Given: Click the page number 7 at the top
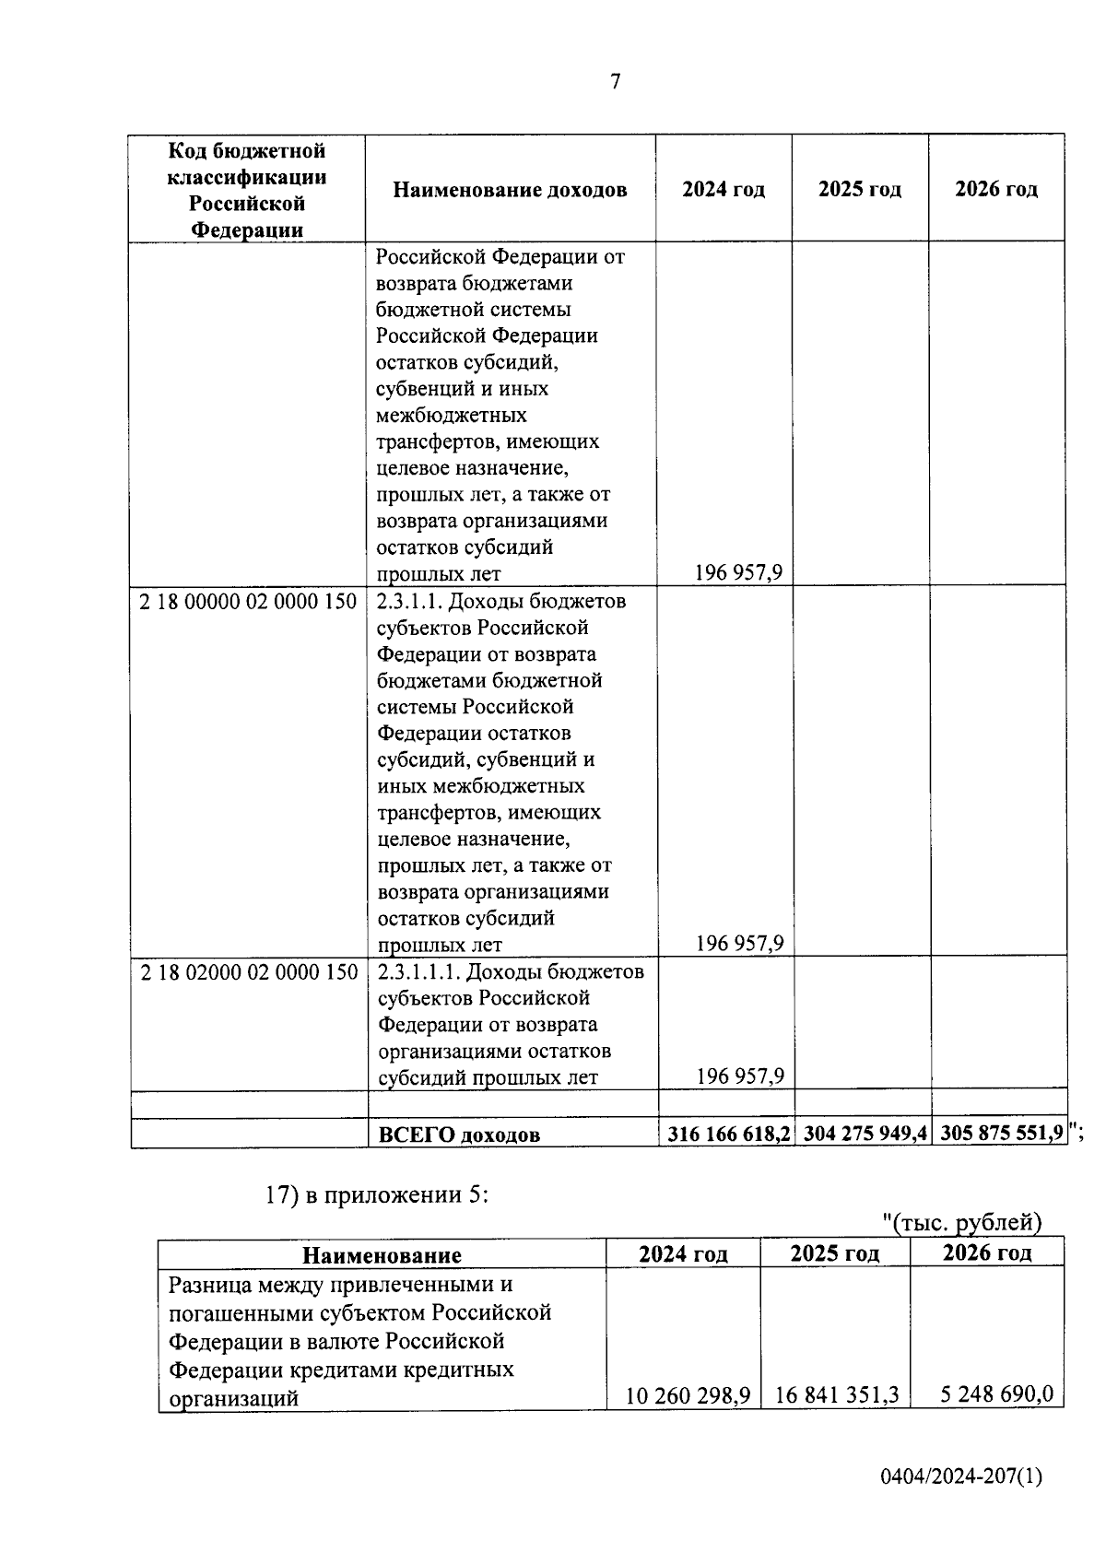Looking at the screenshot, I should (x=616, y=82).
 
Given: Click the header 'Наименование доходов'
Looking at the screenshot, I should (x=510, y=190).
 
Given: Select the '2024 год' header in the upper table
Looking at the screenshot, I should (x=724, y=190).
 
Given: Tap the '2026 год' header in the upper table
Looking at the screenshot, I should (x=996, y=190).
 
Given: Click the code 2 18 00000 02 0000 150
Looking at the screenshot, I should (x=248, y=602).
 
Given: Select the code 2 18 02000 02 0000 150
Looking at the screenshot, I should (x=248, y=972).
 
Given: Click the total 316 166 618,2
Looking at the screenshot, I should (x=725, y=1134).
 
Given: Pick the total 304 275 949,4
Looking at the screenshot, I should (x=864, y=1134).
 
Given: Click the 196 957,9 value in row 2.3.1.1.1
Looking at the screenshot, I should (x=739, y=1076).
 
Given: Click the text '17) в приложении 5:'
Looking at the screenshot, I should (x=376, y=1195).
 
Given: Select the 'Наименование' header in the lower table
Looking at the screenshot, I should (x=382, y=1254).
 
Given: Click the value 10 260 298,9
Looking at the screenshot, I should (x=687, y=1395).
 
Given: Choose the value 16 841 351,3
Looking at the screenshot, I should (x=837, y=1395).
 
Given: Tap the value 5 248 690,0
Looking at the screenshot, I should (x=996, y=1393).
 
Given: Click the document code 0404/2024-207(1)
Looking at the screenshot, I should (x=960, y=1476).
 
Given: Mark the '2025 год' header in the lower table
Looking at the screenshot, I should (x=835, y=1253).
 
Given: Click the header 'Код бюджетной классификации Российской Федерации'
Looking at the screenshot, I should (x=247, y=190).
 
